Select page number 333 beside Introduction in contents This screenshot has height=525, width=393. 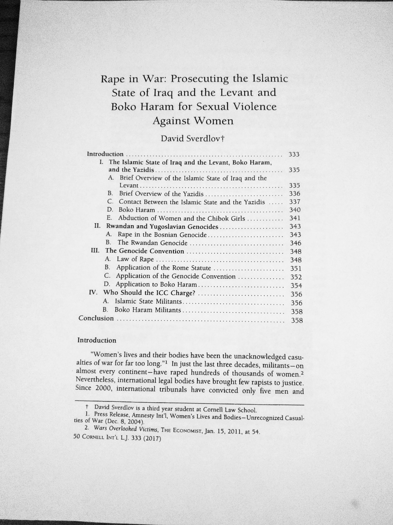pyautogui.click(x=294, y=154)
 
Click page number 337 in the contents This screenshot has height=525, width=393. pyautogui.click(x=295, y=202)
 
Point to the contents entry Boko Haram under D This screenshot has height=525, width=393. pyautogui.click(x=137, y=210)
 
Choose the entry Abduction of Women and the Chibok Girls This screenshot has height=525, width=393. pyautogui.click(x=181, y=218)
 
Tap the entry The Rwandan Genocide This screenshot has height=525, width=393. pyautogui.click(x=152, y=243)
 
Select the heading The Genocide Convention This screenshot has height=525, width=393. pyautogui.click(x=145, y=251)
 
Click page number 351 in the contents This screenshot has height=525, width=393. pyautogui.click(x=296, y=268)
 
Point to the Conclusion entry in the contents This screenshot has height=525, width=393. pyautogui.click(x=96, y=318)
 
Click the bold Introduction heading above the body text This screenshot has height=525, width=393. pyautogui.click(x=97, y=340)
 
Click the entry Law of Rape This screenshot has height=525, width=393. pyautogui.click(x=135, y=259)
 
